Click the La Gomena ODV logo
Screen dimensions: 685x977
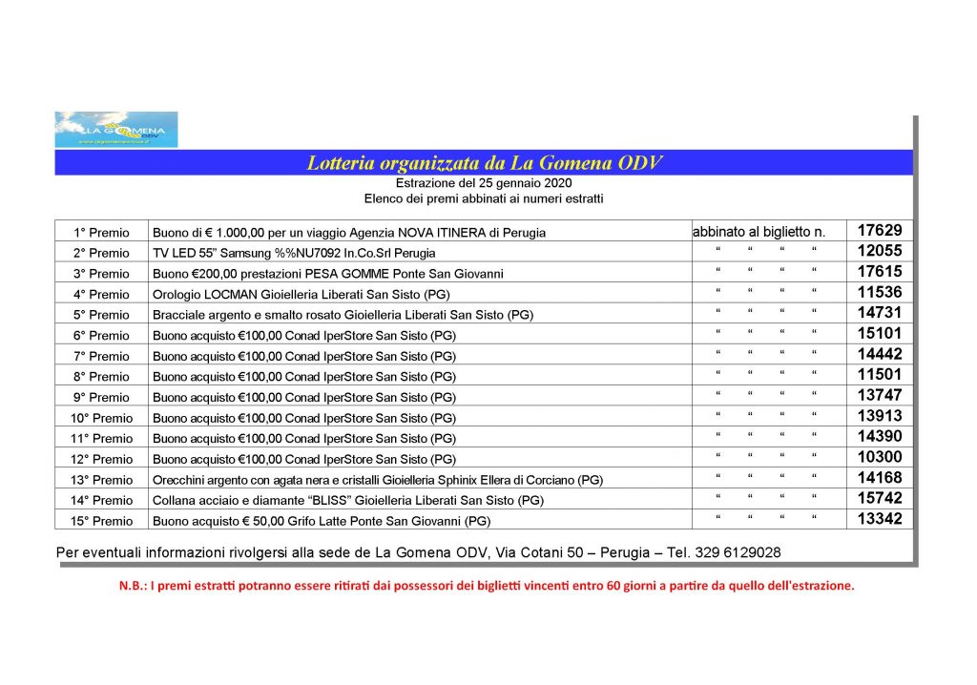click(116, 130)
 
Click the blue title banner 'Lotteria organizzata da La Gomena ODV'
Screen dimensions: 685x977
click(484, 163)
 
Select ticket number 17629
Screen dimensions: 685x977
click(880, 230)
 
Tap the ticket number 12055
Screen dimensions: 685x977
click(880, 251)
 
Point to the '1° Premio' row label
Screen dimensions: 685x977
click(102, 233)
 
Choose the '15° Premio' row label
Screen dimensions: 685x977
click(102, 521)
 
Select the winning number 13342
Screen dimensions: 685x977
click(880, 519)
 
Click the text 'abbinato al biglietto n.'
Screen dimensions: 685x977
click(759, 232)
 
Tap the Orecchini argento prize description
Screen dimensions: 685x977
click(378, 480)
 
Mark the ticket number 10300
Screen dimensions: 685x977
click(880, 457)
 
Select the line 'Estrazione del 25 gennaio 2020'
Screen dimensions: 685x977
click(484, 183)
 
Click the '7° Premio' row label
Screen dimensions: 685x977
click(102, 357)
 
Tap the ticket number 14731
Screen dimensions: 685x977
click(880, 313)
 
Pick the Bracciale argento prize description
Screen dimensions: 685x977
click(343, 316)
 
